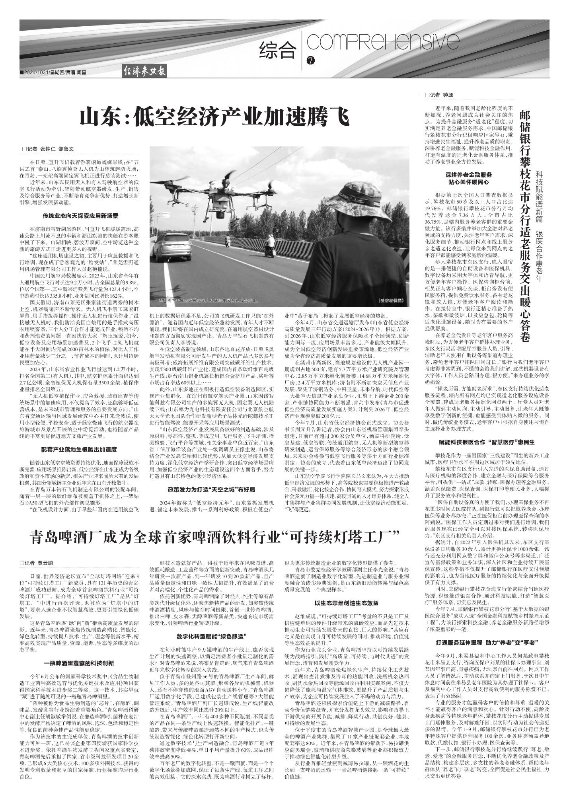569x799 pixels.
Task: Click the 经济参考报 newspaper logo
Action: [144, 72]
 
